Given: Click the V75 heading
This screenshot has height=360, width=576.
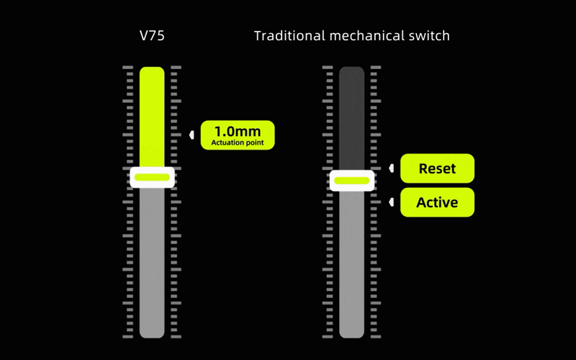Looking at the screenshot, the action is [152, 35].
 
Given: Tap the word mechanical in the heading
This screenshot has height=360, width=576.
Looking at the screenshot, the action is [362, 35].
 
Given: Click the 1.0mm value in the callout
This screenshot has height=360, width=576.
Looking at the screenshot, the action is [238, 131].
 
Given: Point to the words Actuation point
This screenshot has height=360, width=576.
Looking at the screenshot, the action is [238, 143].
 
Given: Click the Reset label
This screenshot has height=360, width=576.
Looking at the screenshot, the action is [437, 168].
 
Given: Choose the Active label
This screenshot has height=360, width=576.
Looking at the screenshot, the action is [437, 202].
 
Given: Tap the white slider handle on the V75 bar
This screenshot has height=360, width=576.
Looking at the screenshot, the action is [152, 177].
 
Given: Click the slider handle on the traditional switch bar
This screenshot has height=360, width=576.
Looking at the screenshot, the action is [352, 181].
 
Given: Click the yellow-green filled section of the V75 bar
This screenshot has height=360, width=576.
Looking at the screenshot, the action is [152, 117].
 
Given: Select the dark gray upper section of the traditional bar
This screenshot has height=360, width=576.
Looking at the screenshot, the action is [352, 118].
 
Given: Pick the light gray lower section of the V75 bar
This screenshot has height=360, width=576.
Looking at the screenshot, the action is [152, 263].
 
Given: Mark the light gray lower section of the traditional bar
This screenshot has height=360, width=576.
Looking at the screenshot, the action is [352, 264].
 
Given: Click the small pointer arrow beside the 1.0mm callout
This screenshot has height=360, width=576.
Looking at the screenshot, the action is [192, 135].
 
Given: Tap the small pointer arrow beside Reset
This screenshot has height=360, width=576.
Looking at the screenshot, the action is [391, 168].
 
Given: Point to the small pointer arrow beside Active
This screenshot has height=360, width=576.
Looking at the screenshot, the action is [391, 202].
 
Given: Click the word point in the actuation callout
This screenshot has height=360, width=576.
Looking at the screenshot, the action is [253, 143].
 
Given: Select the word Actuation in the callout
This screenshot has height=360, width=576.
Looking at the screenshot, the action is [226, 143].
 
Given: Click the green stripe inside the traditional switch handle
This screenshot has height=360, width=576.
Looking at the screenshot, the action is [352, 181].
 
